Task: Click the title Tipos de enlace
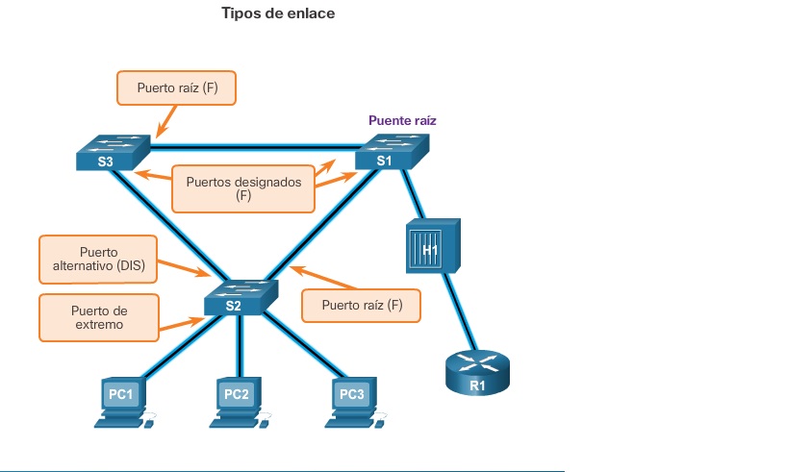pyautogui.click(x=279, y=14)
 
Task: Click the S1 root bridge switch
pyautogui.click(x=391, y=153)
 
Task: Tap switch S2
pyautogui.click(x=240, y=297)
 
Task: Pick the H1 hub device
pyautogui.click(x=430, y=245)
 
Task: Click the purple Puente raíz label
pyautogui.click(x=402, y=121)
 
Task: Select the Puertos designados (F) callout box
pyautogui.click(x=242, y=187)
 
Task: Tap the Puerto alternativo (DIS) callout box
pyautogui.click(x=98, y=259)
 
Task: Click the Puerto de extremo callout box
pyautogui.click(x=98, y=317)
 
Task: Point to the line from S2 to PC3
pyautogui.click(x=298, y=346)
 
